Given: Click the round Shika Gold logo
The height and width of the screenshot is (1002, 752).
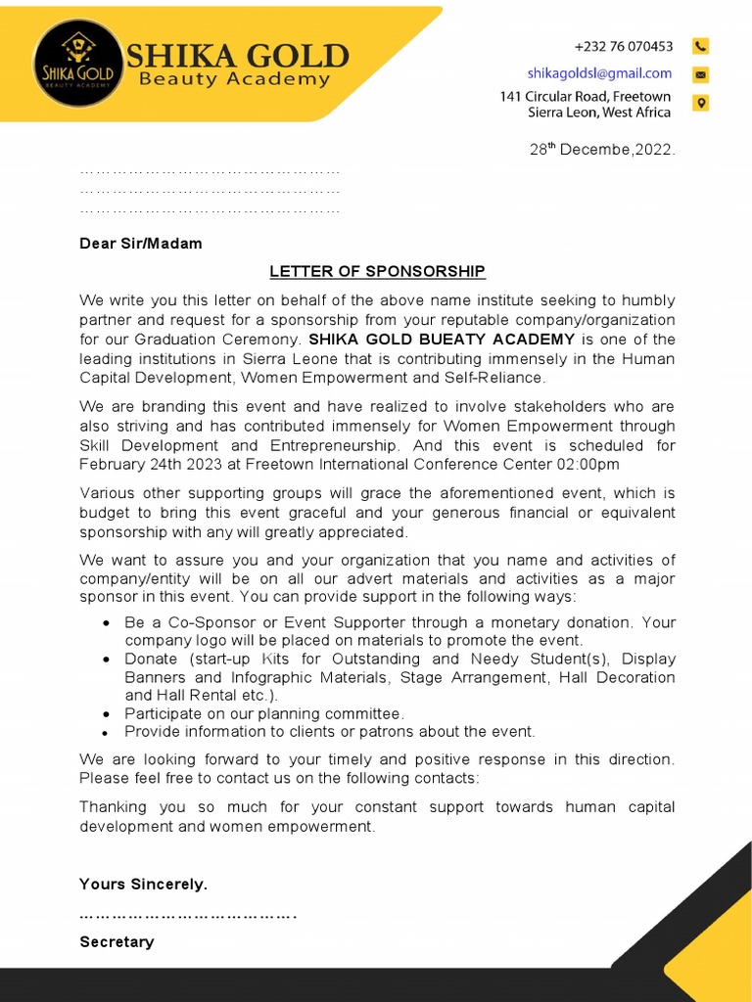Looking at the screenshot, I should point(77,61).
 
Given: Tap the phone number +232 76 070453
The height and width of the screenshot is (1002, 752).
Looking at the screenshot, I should point(623,46).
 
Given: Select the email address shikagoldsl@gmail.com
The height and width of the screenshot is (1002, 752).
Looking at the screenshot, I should point(599,73).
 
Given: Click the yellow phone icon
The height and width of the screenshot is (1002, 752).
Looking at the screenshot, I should point(700,46).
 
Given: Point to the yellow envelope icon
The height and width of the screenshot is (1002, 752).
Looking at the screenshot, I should point(700,74).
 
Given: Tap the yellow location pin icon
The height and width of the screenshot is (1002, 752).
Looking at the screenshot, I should point(700,103).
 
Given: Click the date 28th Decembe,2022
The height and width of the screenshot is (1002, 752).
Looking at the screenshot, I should point(602,150).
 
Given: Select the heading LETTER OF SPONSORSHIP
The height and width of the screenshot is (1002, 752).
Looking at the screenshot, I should point(377,271).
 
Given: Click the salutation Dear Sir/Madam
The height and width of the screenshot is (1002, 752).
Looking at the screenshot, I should point(140,244).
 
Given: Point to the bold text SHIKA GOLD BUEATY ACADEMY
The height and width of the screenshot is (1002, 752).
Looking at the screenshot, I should point(442,340).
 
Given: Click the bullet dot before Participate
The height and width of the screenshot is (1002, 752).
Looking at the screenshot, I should point(106,715).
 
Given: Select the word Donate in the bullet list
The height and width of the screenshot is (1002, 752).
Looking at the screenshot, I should point(151,660).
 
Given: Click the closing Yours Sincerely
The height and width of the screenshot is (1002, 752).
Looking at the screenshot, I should point(143,884).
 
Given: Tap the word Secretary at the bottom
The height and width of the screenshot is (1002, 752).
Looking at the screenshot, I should point(117,941).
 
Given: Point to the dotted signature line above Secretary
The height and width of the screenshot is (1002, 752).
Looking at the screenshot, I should point(186,916).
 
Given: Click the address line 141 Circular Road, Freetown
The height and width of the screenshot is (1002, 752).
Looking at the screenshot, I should point(585,96).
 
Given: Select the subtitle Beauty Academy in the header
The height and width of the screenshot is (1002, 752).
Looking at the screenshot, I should point(235,79).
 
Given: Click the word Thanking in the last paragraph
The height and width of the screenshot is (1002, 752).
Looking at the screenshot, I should point(113,807).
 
